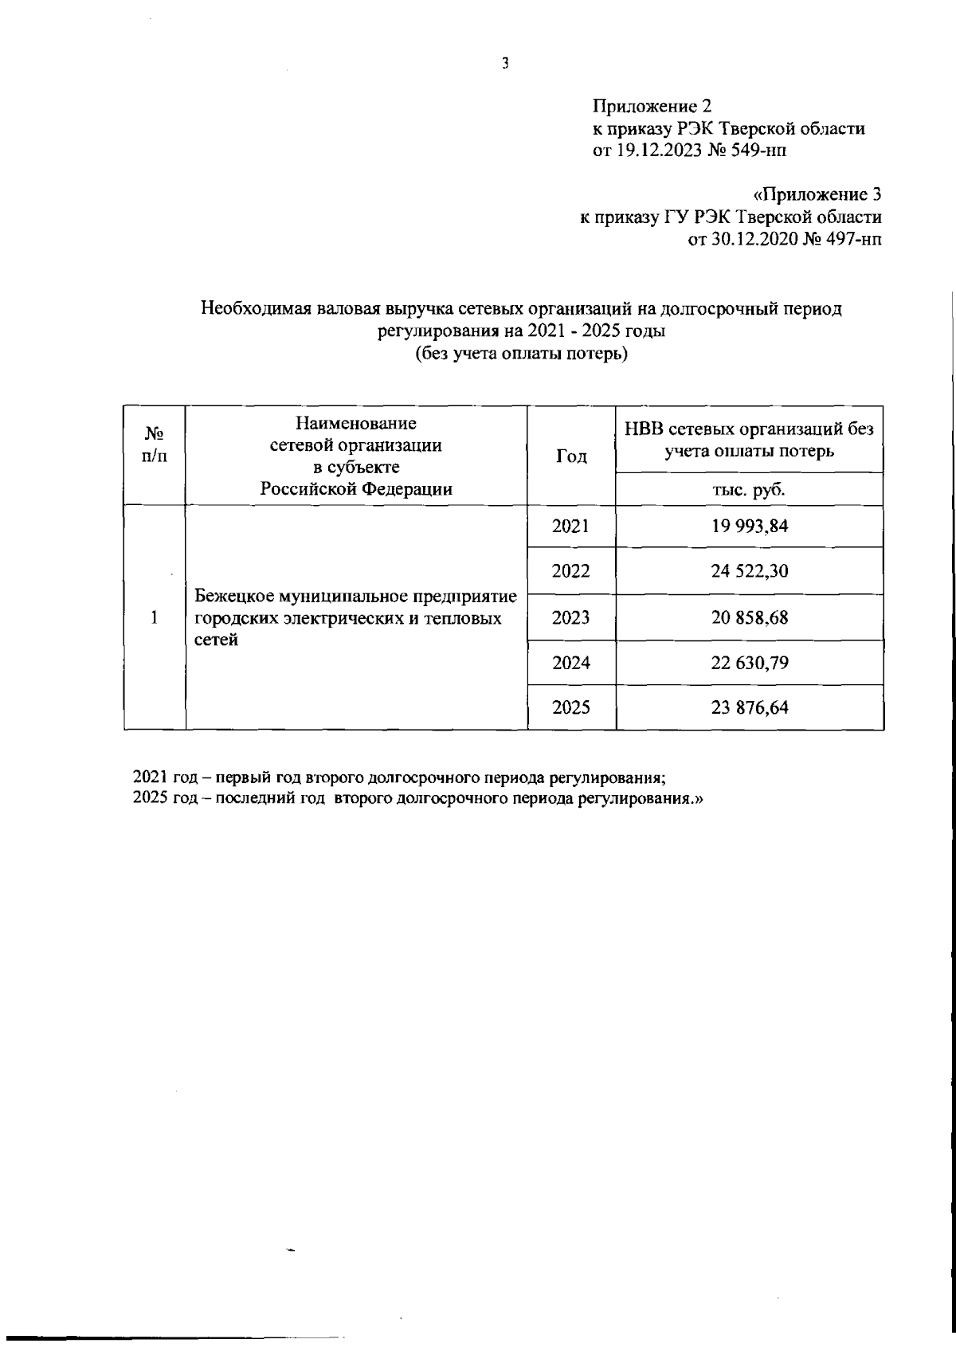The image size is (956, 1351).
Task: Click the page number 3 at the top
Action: [505, 65]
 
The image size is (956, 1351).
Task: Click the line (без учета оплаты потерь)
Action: [521, 354]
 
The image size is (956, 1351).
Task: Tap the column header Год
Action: [571, 456]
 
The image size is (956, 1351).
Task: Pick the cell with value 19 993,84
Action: [750, 526]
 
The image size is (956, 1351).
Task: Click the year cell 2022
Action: [571, 571]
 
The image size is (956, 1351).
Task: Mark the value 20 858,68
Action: [750, 617]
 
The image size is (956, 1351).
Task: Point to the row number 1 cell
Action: [155, 617]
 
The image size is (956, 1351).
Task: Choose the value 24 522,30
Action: [750, 571]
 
